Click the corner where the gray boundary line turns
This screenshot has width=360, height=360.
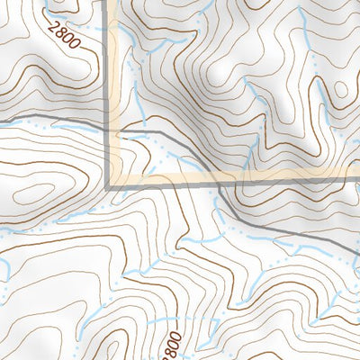[110, 184]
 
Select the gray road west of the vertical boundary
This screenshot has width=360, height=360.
[54, 121]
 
